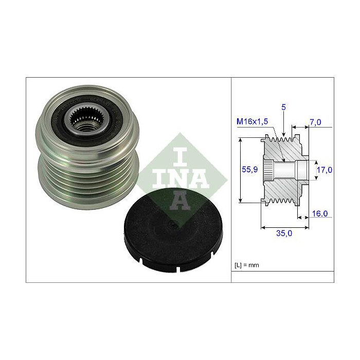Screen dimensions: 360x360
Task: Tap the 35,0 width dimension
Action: [x=284, y=233]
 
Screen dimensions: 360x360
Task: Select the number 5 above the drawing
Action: [x=284, y=107]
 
